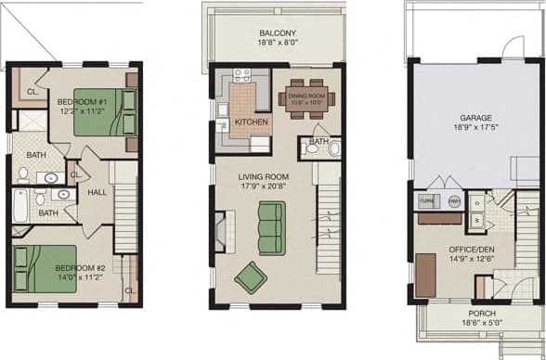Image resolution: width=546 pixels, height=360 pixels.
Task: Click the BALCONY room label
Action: pyautogui.click(x=278, y=32)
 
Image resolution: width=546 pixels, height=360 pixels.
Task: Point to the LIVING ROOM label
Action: pyautogui.click(x=264, y=177)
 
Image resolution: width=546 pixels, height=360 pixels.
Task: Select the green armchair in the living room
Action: pyautogui.click(x=251, y=276)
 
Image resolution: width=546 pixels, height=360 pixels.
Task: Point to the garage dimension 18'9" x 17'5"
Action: pyautogui.click(x=473, y=129)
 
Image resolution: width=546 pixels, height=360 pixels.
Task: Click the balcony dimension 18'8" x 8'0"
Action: pyautogui.click(x=278, y=42)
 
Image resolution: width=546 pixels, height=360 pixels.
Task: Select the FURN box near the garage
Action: pyautogui.click(x=427, y=200)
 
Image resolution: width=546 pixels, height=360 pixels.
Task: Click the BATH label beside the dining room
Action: pyautogui.click(x=318, y=142)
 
